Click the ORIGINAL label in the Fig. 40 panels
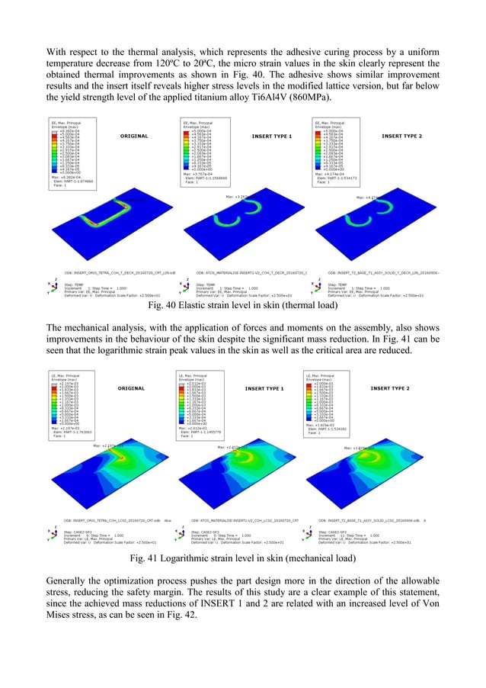[x=133, y=136]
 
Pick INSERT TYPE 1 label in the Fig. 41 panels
[x=264, y=388]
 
